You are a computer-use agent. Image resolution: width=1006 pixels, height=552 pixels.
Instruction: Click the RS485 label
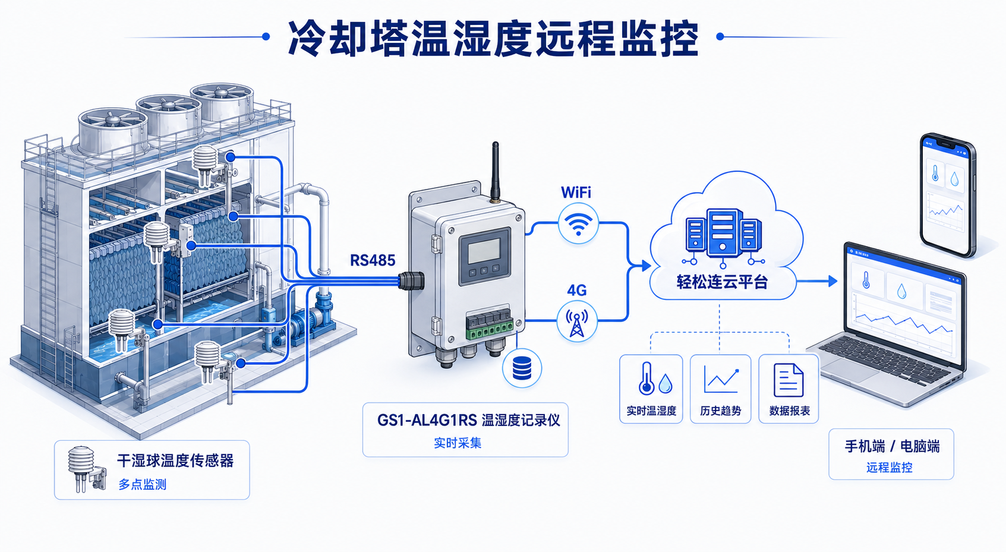[373, 260]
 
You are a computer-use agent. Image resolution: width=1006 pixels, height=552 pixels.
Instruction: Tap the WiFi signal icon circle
[578, 223]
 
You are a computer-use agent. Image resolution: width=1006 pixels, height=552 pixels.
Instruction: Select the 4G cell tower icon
[576, 321]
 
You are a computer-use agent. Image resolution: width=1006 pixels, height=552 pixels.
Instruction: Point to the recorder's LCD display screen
[484, 251]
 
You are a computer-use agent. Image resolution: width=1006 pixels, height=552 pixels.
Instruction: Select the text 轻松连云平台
[722, 282]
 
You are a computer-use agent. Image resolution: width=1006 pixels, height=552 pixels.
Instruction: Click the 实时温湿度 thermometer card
[651, 389]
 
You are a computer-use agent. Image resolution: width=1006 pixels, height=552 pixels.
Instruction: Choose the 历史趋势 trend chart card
[720, 389]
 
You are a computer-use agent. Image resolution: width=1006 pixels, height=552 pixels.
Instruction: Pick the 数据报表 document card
[789, 389]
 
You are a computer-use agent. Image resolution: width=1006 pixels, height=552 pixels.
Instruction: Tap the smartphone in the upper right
[947, 195]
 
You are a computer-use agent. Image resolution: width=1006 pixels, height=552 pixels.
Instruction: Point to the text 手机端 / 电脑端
[892, 446]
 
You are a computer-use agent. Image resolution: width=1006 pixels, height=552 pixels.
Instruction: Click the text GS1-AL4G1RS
[427, 421]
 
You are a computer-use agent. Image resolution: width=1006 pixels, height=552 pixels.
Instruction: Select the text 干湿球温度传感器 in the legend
[175, 461]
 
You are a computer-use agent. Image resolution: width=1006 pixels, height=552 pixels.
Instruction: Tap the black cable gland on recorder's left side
[411, 280]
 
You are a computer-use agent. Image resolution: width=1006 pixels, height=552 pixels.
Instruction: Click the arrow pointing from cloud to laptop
[817, 281]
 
